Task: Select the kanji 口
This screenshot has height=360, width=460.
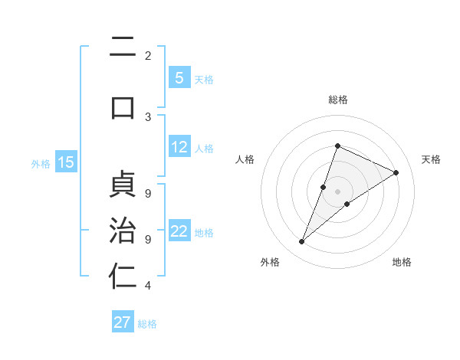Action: point(123,106)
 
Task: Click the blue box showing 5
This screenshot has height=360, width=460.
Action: point(179,77)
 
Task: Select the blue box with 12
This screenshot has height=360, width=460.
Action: point(179,147)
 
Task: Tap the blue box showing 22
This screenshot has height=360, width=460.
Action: point(179,231)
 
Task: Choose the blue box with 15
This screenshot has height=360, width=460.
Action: point(66,162)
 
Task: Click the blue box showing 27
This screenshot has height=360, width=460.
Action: point(123,322)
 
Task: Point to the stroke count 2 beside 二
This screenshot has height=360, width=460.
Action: point(148,55)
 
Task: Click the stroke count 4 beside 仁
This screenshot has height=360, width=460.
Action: point(148,286)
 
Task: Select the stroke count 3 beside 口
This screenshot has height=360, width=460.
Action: point(148,116)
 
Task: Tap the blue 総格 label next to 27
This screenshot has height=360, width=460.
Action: point(147,323)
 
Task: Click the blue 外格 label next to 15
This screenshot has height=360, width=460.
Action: point(41,163)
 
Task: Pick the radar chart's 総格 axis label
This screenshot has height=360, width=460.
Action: point(337,100)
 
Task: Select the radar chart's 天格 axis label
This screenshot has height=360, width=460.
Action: point(432,159)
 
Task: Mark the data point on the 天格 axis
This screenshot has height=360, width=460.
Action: point(396,172)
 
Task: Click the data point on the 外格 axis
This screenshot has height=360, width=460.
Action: point(302,242)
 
